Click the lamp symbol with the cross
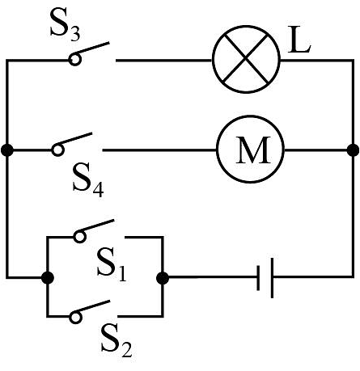246,59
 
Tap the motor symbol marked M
250,150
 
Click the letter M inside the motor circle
253,150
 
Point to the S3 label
65,26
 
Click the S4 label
88,181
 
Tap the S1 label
112,265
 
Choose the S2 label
116,341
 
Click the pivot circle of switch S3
75,59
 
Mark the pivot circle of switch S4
57,150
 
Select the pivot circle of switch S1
80,237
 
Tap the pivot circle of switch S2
76,317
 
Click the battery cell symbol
265,277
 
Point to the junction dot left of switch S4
7,150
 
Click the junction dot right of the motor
353,150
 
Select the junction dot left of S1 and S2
48,278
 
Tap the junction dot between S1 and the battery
163,278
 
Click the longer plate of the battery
272,278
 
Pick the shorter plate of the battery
258,278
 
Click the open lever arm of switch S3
92,48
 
